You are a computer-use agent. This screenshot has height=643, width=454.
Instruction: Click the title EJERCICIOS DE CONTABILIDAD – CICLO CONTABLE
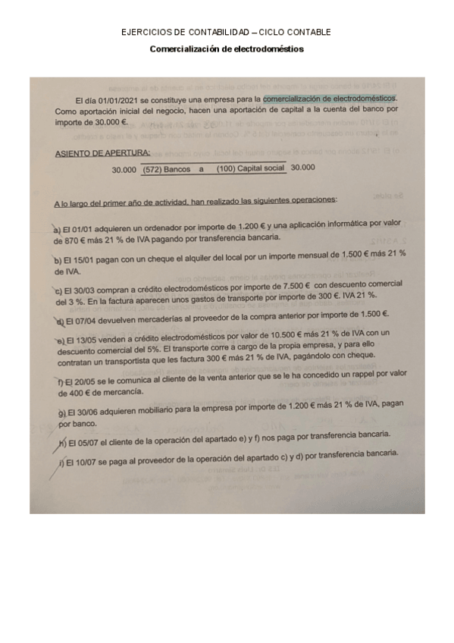pyautogui.click(x=226, y=33)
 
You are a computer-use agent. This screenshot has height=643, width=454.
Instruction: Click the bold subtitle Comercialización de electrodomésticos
pyautogui.click(x=226, y=48)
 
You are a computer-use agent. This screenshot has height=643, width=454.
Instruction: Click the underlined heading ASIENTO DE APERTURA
pyautogui.click(x=92, y=154)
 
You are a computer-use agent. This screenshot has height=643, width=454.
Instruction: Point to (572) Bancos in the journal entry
pyautogui.click(x=166, y=169)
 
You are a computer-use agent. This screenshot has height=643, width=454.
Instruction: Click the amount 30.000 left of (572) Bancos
pyautogui.click(x=124, y=170)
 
